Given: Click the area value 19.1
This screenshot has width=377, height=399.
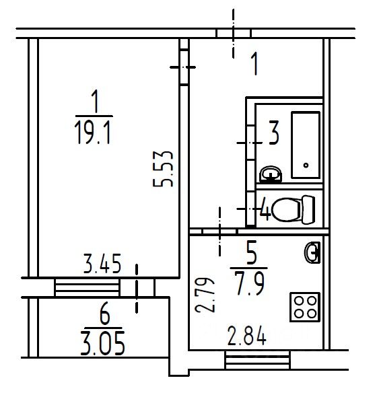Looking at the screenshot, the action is pos(93,133).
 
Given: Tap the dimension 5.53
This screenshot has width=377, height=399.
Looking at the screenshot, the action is pos(163,169).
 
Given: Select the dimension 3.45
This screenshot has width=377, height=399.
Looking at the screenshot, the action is pos(102,264).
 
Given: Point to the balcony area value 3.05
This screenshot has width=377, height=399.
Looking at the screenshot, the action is pos(103,343).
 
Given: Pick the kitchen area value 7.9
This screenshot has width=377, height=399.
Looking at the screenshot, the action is pos(250,283).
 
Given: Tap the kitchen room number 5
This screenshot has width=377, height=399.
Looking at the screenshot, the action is pos(252,252).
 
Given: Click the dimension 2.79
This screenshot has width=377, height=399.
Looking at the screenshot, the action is pos(205,295).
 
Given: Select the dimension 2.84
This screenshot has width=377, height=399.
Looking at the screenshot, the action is pos(246,336).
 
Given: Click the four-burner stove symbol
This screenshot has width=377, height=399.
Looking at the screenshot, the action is pos(305,307).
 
